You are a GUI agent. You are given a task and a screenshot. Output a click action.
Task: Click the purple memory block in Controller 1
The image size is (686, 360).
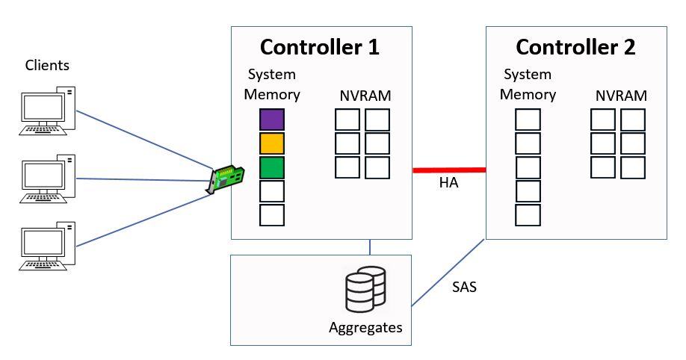(x=272, y=120)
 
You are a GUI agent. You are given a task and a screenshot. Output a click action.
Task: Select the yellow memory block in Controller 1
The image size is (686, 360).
(x=272, y=143)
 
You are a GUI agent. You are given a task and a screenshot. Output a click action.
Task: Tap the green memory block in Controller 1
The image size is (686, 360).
(x=272, y=167)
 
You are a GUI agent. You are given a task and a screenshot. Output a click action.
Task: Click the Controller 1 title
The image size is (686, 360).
(x=320, y=47)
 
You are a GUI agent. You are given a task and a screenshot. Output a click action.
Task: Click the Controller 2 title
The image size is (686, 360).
(x=575, y=47)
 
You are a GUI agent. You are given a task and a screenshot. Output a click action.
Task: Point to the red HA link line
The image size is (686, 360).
(x=449, y=170)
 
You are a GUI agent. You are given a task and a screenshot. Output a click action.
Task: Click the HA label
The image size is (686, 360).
(x=448, y=184)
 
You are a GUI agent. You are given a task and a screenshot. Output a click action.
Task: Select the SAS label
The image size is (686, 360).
(x=464, y=286)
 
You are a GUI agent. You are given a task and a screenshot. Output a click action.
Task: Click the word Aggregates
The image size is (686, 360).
(x=365, y=327)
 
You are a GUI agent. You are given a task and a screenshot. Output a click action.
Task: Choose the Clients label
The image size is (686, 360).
(x=47, y=65)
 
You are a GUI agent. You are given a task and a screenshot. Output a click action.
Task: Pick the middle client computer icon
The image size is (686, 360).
(x=47, y=179)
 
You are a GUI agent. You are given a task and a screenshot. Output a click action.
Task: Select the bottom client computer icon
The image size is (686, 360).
(x=47, y=246)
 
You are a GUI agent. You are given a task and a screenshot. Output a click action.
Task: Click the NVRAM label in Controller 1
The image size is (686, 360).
(x=365, y=96)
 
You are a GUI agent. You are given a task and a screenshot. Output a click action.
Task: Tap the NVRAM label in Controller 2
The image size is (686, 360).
(x=621, y=96)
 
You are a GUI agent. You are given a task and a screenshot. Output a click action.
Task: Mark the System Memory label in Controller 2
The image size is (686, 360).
(x=528, y=84)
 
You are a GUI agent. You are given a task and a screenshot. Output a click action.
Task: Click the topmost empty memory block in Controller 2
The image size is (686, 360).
(x=528, y=120)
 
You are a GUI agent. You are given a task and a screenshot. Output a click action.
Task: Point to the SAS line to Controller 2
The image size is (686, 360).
(x=448, y=273)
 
